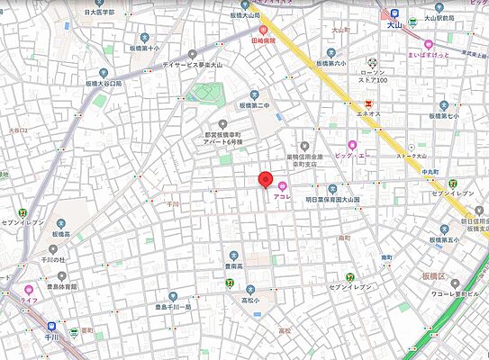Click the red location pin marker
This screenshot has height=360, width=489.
coord(266,178)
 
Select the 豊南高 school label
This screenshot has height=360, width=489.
coord(236,266)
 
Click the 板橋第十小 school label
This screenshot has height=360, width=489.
coord(142,48)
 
